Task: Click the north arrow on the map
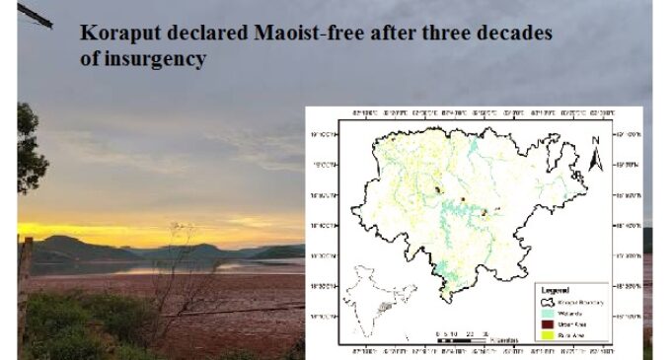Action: click(595, 150)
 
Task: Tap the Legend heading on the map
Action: click(556, 290)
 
